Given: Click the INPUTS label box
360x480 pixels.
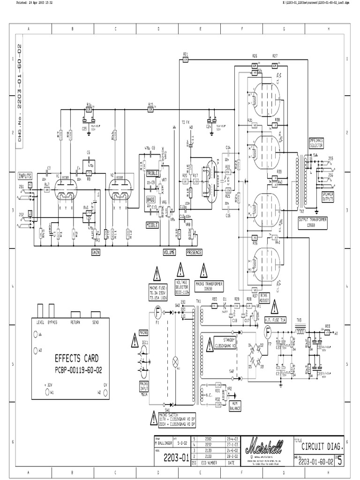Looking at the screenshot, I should click(25, 176).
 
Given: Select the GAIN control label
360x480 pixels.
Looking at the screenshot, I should click(97, 252).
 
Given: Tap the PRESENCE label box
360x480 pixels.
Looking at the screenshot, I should click(194, 252).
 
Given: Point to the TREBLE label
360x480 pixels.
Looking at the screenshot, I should click(153, 173).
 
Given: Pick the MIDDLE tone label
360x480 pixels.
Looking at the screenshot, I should click(152, 225).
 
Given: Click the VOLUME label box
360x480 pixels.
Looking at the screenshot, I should click(169, 252).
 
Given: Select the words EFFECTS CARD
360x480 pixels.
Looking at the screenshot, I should click(77, 359).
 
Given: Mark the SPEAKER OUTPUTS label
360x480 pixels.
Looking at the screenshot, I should click(328, 196).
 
